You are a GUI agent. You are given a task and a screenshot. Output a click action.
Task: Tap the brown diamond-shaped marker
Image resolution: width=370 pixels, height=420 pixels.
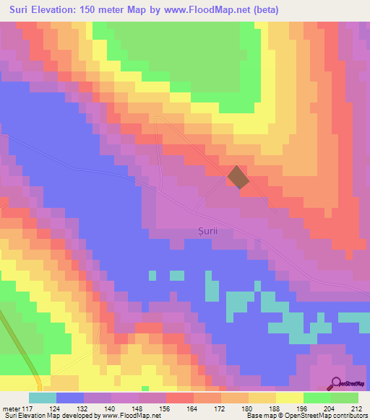[x=239, y=178]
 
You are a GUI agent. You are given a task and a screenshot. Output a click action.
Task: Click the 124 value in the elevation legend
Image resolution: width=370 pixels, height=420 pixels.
[x=56, y=408]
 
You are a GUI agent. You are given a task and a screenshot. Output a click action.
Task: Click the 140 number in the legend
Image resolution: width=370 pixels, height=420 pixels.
[x=111, y=408]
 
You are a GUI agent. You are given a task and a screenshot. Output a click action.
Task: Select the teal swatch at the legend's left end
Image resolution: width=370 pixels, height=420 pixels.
[x=43, y=398]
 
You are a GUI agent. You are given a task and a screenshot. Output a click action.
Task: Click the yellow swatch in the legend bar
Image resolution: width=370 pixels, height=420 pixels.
[x=290, y=398]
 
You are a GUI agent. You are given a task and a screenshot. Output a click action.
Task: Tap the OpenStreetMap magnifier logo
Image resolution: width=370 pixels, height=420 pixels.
[x=335, y=383]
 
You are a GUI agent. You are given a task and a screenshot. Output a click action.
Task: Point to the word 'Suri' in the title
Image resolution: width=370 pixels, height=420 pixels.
[x=17, y=10]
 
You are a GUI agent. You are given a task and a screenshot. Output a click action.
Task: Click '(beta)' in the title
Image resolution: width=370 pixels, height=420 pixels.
[x=264, y=10]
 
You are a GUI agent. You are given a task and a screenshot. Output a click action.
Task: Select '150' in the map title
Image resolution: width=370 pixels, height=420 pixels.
[x=92, y=10]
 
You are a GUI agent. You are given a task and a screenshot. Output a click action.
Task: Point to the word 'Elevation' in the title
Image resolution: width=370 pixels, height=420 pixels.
[x=55, y=10]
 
